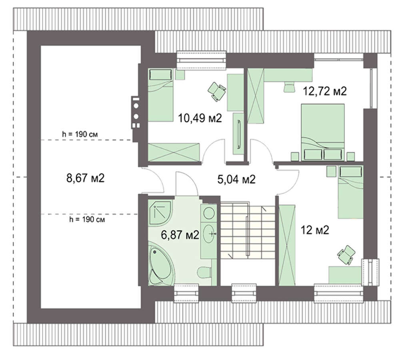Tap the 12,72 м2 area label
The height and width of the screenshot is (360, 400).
(324, 91)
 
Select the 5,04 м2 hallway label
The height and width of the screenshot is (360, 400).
(236, 179)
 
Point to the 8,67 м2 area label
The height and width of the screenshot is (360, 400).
(86, 178)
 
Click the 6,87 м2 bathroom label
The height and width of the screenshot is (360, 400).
(180, 234)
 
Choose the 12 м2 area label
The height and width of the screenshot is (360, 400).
(315, 230)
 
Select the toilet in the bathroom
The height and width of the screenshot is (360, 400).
(204, 273)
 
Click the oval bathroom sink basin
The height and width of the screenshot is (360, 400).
(210, 234)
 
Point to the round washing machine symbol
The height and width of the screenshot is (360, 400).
(209, 213)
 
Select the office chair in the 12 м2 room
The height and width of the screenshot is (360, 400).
(346, 255)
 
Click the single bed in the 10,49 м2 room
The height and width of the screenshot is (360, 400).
(160, 95)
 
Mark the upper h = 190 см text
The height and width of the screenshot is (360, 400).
(80, 134)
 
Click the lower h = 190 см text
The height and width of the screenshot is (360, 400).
(87, 219)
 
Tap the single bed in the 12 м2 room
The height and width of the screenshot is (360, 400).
(350, 192)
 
